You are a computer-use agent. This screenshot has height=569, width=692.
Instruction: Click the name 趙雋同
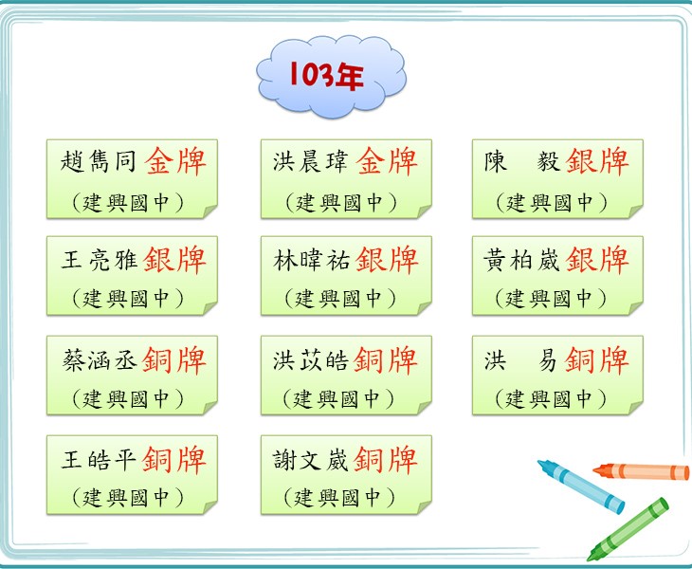point(99,160)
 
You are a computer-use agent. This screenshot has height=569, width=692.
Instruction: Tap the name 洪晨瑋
point(310,160)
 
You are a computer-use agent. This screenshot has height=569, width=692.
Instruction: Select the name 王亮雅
point(99,259)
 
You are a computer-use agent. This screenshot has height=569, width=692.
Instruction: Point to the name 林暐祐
point(310,259)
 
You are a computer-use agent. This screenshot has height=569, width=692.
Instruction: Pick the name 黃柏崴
point(521,259)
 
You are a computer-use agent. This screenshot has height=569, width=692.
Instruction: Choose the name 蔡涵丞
point(99,359)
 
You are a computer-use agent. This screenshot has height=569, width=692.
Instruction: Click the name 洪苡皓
point(310,359)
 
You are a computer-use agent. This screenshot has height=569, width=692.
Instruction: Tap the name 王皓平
point(99,460)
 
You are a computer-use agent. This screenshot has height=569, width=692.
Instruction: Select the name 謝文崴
point(310,460)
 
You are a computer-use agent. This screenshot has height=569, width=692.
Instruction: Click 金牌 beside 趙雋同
point(175,161)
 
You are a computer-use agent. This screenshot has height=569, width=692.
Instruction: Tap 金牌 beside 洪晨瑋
point(387,161)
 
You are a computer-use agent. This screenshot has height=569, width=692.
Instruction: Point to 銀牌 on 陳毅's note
point(597,161)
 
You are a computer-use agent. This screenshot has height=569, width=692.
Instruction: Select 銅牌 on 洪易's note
point(597,359)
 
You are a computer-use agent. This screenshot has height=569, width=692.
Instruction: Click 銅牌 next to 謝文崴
point(386,460)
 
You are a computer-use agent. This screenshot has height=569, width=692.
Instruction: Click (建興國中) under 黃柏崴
point(551,299)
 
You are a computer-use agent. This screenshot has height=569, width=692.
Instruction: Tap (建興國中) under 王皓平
point(128,498)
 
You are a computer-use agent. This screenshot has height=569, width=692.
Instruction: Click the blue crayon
point(581,486)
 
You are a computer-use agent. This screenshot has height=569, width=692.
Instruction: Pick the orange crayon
point(641,471)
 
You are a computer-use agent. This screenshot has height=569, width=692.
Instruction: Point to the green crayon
point(628,529)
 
